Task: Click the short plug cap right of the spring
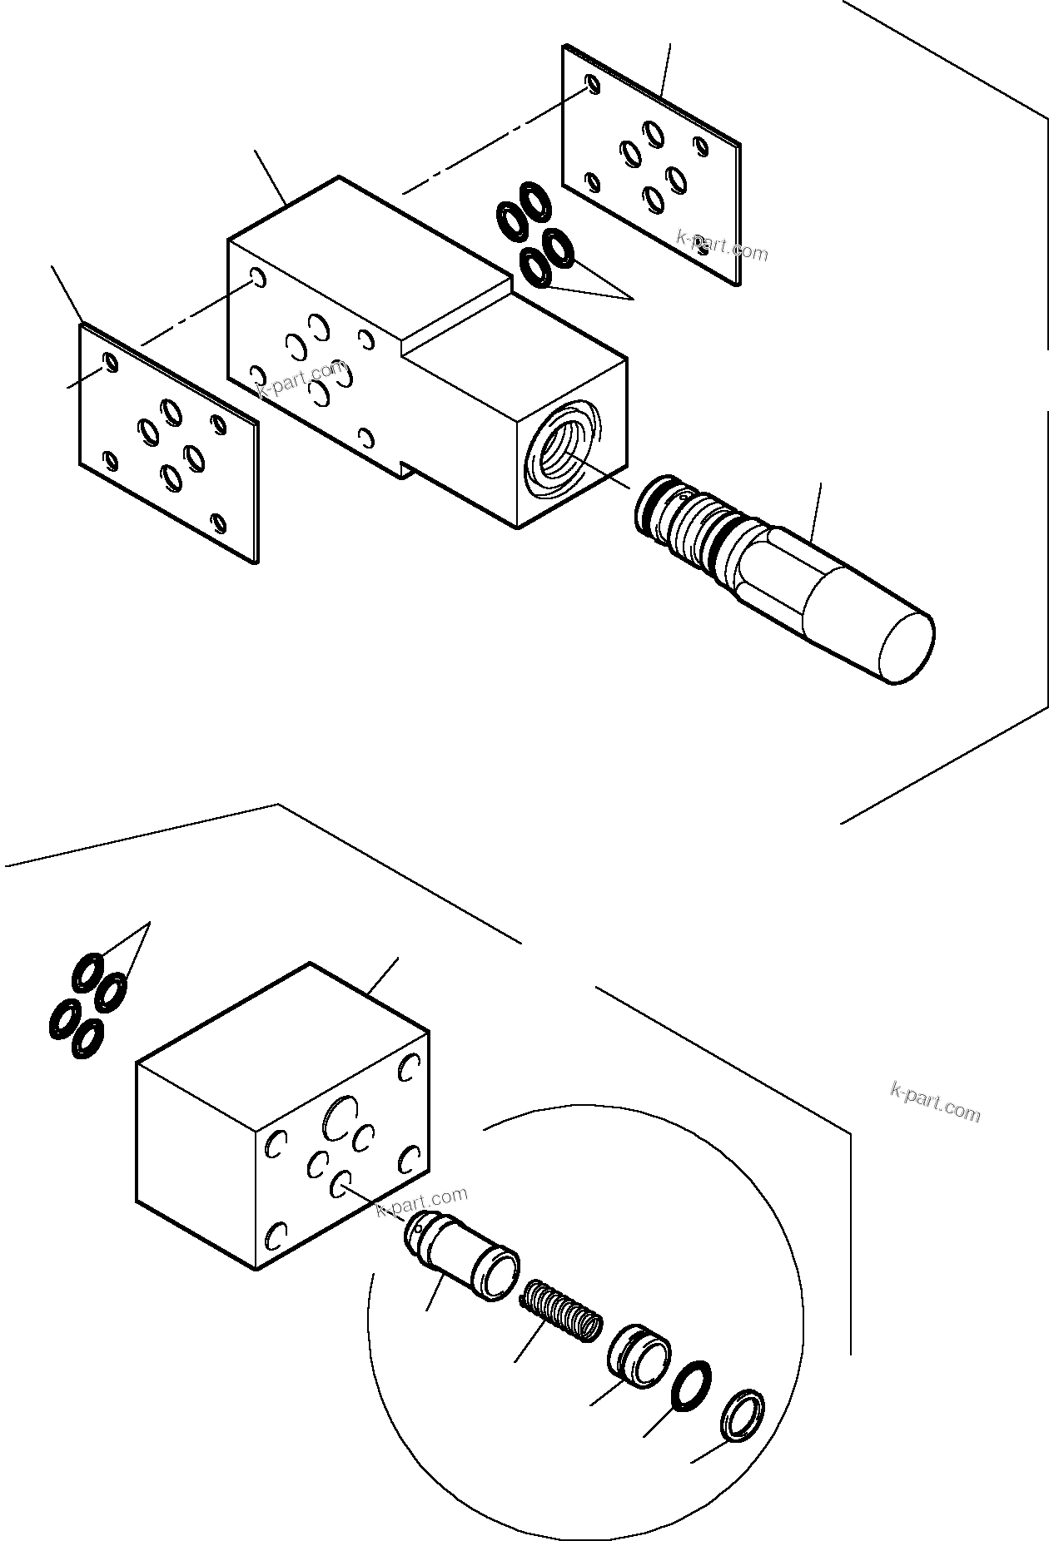pyautogui.click(x=639, y=1365)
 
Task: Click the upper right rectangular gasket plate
pyautogui.click(x=652, y=166)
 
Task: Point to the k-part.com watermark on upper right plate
pyautogui.click(x=722, y=245)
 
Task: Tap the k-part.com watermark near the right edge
pyautogui.click(x=935, y=1102)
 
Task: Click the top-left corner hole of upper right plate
pyautogui.click(x=592, y=83)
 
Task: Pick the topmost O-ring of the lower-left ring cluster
pyautogui.click(x=87, y=971)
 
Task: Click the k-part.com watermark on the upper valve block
pyautogui.click(x=301, y=379)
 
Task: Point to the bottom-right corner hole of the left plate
pyautogui.click(x=218, y=523)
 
